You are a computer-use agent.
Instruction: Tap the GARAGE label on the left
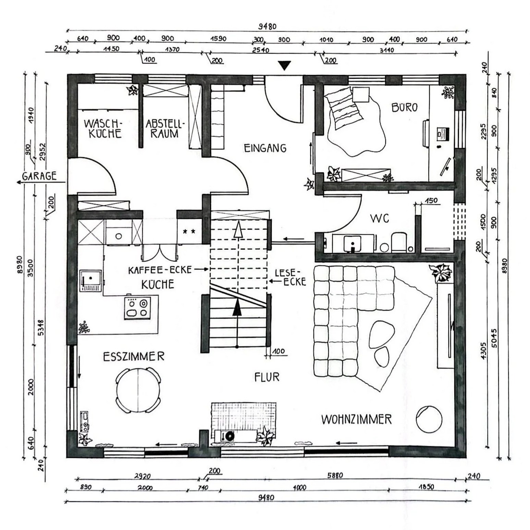(39, 176)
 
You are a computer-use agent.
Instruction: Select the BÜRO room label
(405, 108)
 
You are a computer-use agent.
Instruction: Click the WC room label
(380, 218)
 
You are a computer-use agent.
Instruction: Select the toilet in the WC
(398, 241)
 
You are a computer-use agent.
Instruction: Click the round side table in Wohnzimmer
(429, 419)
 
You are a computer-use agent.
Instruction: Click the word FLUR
(267, 377)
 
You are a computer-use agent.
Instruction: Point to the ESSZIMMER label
(134, 357)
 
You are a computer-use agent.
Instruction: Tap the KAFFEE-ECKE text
(160, 270)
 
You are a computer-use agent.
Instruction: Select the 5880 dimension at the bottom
(335, 475)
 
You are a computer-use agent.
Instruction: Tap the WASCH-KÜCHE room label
(103, 128)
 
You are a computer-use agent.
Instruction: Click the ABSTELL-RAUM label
(165, 128)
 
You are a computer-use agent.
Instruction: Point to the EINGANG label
(265, 148)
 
